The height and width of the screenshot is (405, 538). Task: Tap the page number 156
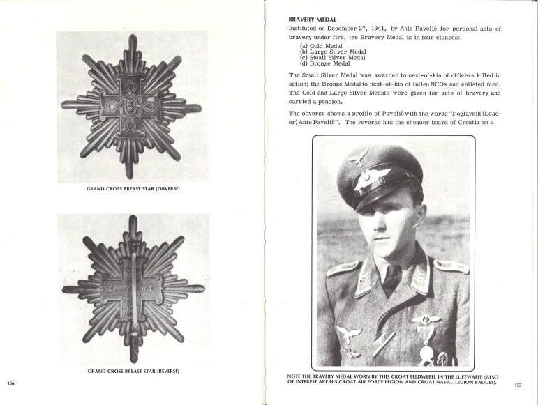coord(10,383)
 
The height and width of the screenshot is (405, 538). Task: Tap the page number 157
coord(517,385)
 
